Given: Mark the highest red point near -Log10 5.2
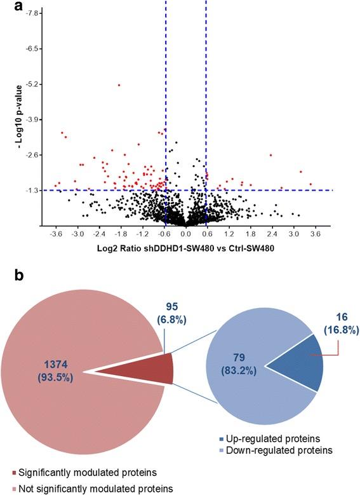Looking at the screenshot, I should tap(119, 85).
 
